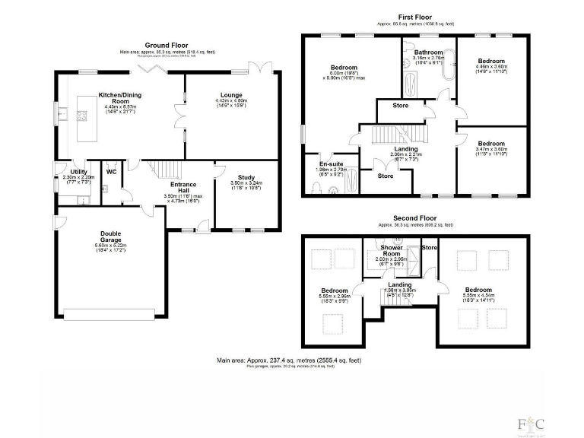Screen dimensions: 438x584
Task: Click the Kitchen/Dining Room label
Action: (119, 97)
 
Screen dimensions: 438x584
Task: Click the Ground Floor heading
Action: (167, 45)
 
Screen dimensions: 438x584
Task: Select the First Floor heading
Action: (414, 16)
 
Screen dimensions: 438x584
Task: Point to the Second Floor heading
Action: (414, 217)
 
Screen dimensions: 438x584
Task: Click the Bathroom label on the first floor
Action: (427, 52)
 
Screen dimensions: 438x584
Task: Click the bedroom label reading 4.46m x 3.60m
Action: (490, 62)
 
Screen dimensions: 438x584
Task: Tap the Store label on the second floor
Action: (430, 247)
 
